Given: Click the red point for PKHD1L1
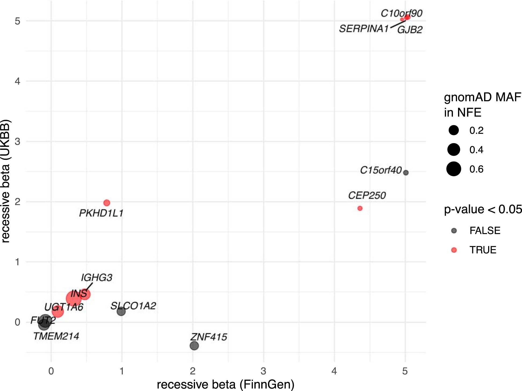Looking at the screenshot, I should click(x=107, y=203).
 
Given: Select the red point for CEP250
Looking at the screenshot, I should click(x=360, y=208).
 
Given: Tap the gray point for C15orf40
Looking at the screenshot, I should click(x=406, y=173).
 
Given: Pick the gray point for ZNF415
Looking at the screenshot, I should click(x=194, y=346).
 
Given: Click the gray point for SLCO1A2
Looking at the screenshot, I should click(x=121, y=312).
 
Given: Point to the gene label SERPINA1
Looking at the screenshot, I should click(x=364, y=29).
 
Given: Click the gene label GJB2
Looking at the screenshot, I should click(x=410, y=30).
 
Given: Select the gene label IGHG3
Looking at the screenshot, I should click(x=96, y=278).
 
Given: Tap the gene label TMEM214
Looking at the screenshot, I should click(x=56, y=336).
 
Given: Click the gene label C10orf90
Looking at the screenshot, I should click(x=401, y=13).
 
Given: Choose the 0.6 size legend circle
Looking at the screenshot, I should click(x=454, y=169).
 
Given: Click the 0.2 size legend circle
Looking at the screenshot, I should click(x=454, y=131).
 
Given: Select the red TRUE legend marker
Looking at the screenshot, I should click(x=454, y=250).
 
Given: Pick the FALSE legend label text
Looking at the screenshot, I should click(x=485, y=231).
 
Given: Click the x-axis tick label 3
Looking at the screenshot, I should click(x=263, y=371).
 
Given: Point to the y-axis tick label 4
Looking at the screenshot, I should click(x=17, y=81).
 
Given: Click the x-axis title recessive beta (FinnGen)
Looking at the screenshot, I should click(x=226, y=385).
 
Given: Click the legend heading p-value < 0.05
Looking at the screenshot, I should click(x=483, y=209).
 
